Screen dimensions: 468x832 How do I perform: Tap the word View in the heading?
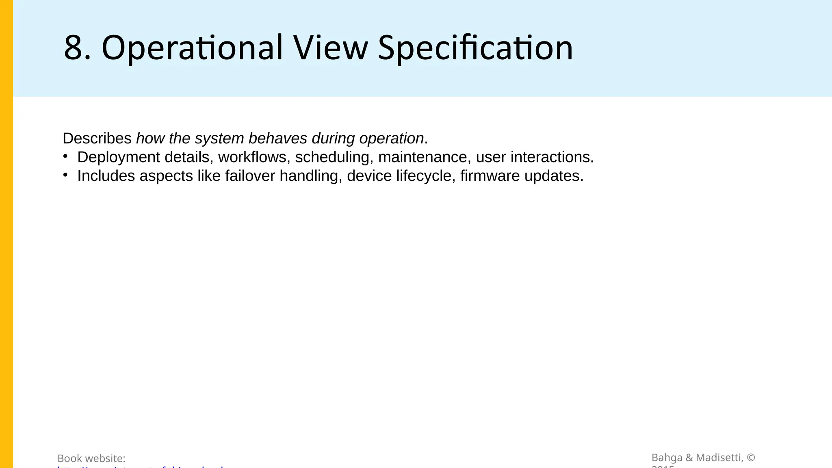(x=330, y=48)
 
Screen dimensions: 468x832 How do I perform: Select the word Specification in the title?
(x=475, y=48)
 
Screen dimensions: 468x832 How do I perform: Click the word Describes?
(x=97, y=139)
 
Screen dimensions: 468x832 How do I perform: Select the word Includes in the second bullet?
(x=106, y=176)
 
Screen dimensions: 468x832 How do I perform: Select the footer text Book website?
(x=91, y=458)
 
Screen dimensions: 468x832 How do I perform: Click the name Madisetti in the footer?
(x=719, y=458)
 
